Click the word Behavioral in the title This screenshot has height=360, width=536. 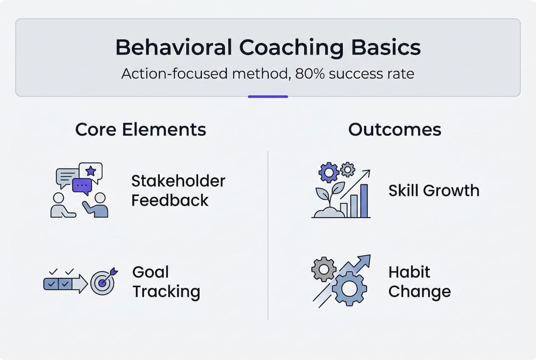coord(174,47)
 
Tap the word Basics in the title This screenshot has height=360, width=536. coord(386,47)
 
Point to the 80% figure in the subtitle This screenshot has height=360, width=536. coord(310,73)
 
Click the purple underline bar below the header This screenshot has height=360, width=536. coord(268,96)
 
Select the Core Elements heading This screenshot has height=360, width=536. coord(140,129)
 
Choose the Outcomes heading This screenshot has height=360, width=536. coord(395,129)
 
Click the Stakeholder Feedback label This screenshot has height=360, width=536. coord(178,190)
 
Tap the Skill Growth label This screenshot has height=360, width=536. coord(434,190)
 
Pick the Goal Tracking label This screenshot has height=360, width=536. coord(166,282)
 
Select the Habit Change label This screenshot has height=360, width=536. coord(420,281)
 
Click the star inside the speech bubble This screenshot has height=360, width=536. coord(90,170)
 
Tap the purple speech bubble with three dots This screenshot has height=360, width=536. coord(82,186)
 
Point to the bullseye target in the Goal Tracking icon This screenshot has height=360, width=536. coord(102,283)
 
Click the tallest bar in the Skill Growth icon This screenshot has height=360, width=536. coord(364,200)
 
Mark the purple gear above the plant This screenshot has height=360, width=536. coord(329,172)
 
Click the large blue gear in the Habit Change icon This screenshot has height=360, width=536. coord(349,288)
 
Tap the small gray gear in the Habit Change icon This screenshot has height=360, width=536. coord(324,269)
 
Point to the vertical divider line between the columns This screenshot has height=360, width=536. coord(268,235)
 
